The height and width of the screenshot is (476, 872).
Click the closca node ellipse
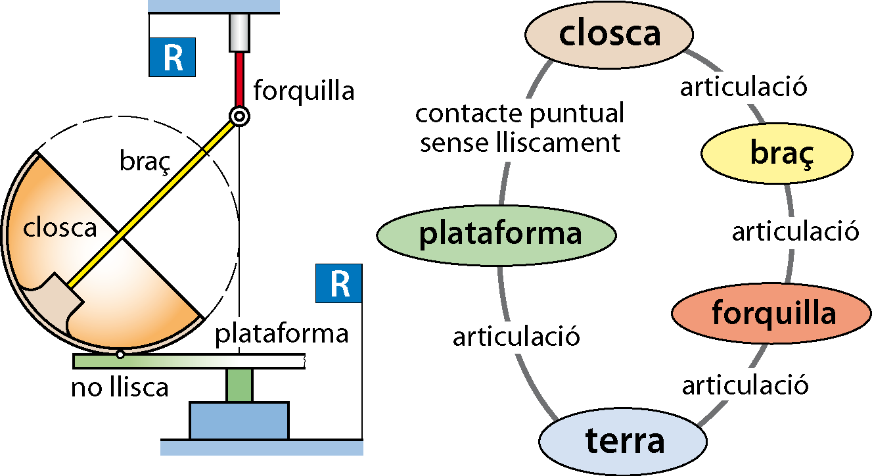(x=609, y=35)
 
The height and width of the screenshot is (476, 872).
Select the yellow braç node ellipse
(x=777, y=153)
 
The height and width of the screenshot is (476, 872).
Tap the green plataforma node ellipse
(x=496, y=235)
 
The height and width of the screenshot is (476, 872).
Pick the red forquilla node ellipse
(x=771, y=313)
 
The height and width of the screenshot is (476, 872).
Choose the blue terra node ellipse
(x=623, y=441)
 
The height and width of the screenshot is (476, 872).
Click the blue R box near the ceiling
(x=172, y=57)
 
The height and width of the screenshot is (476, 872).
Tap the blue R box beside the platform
(x=338, y=283)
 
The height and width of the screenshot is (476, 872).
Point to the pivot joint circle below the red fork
(x=239, y=116)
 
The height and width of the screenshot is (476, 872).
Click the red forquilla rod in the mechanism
(x=239, y=80)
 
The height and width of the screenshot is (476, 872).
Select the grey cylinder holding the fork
(x=239, y=33)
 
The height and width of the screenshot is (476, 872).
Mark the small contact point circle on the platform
(x=120, y=354)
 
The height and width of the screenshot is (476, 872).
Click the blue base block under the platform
(x=239, y=421)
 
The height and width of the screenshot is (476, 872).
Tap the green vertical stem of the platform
(x=239, y=385)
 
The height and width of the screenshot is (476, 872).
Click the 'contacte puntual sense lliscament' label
(x=520, y=128)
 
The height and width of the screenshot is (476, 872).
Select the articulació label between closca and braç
(x=744, y=87)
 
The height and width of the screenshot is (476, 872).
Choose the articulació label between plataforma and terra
(x=516, y=337)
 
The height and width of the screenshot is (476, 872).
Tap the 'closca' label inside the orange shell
(x=60, y=228)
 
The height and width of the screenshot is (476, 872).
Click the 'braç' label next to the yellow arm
(x=145, y=161)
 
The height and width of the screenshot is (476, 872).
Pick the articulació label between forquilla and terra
(x=745, y=385)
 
